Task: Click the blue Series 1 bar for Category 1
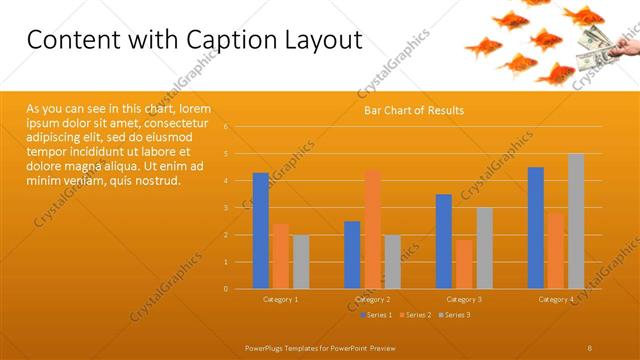click(x=260, y=231)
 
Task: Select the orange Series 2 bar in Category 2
click(x=372, y=229)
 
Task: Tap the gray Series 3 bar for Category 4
click(x=576, y=221)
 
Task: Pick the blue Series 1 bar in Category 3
click(x=444, y=241)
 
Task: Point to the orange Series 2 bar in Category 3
click(x=464, y=264)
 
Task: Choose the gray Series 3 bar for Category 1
click(x=300, y=262)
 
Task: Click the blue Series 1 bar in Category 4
click(x=536, y=228)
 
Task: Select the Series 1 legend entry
click(x=376, y=315)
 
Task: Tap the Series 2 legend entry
click(x=416, y=315)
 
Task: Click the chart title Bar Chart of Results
click(x=413, y=110)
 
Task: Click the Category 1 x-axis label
click(x=280, y=299)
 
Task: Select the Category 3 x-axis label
click(x=464, y=299)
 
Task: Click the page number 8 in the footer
click(x=590, y=347)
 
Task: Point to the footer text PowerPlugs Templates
click(x=290, y=347)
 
